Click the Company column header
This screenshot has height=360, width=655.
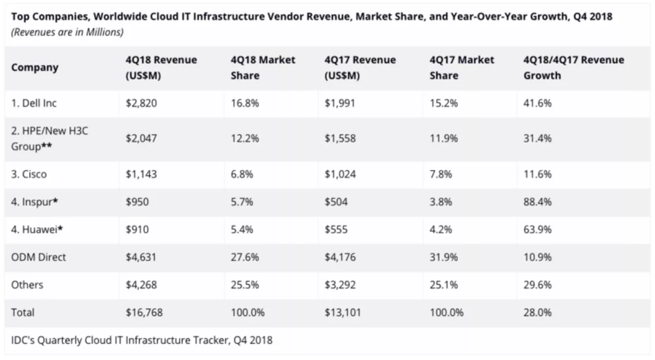click(x=34, y=68)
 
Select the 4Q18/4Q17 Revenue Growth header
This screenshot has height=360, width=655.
click(x=573, y=68)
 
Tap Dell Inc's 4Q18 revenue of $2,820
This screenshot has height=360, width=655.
click(x=141, y=103)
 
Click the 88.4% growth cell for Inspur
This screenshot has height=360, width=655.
click(x=537, y=202)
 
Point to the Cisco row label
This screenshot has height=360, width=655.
click(x=29, y=175)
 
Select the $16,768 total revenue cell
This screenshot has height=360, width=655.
click(x=144, y=313)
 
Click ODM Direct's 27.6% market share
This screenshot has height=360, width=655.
click(x=245, y=257)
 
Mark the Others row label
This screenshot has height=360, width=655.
click(x=27, y=285)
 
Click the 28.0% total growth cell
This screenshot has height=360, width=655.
click(x=537, y=313)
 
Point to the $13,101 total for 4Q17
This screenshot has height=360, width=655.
click(x=343, y=313)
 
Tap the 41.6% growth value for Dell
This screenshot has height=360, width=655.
click(x=537, y=103)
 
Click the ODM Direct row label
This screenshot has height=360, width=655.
click(x=38, y=257)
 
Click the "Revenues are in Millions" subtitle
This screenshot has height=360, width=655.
click(x=67, y=32)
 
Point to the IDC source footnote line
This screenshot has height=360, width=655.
click(x=142, y=340)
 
